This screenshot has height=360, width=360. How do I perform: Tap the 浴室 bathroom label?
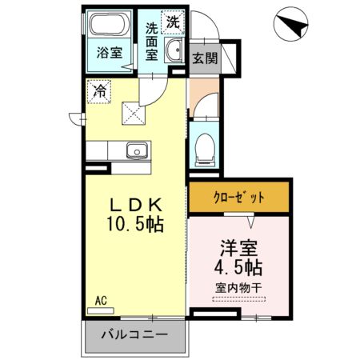click(110, 54)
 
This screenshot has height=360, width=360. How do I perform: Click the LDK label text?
click(134, 204)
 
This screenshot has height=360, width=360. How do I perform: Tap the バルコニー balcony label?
click(134, 337)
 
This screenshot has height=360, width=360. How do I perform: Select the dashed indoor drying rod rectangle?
click(238, 299)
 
